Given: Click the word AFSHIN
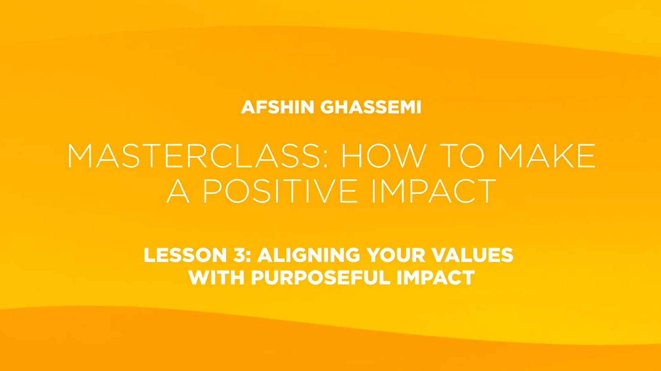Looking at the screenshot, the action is coord(277,107).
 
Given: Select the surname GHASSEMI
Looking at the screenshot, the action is coord(371,107).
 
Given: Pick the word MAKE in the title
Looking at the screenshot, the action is coord(547,156).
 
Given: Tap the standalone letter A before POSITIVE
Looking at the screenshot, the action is coord(178,191).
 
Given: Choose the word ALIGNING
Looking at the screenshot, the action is coord(309,255).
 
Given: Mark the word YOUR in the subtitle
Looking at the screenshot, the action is coord(395,255).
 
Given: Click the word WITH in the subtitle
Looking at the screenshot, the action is coord(217,278).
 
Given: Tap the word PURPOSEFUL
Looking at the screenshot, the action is coord(321,278).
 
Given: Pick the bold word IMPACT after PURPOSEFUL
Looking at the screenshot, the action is coord(435,278).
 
